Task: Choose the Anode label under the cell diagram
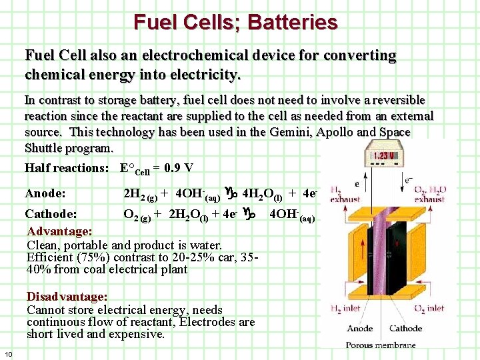click(x=360, y=329)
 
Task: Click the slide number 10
click(x=9, y=353)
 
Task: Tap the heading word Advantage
click(x=58, y=231)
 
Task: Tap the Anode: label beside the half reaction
click(x=46, y=194)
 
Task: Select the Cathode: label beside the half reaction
click(x=51, y=214)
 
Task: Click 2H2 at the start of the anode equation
click(x=135, y=195)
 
